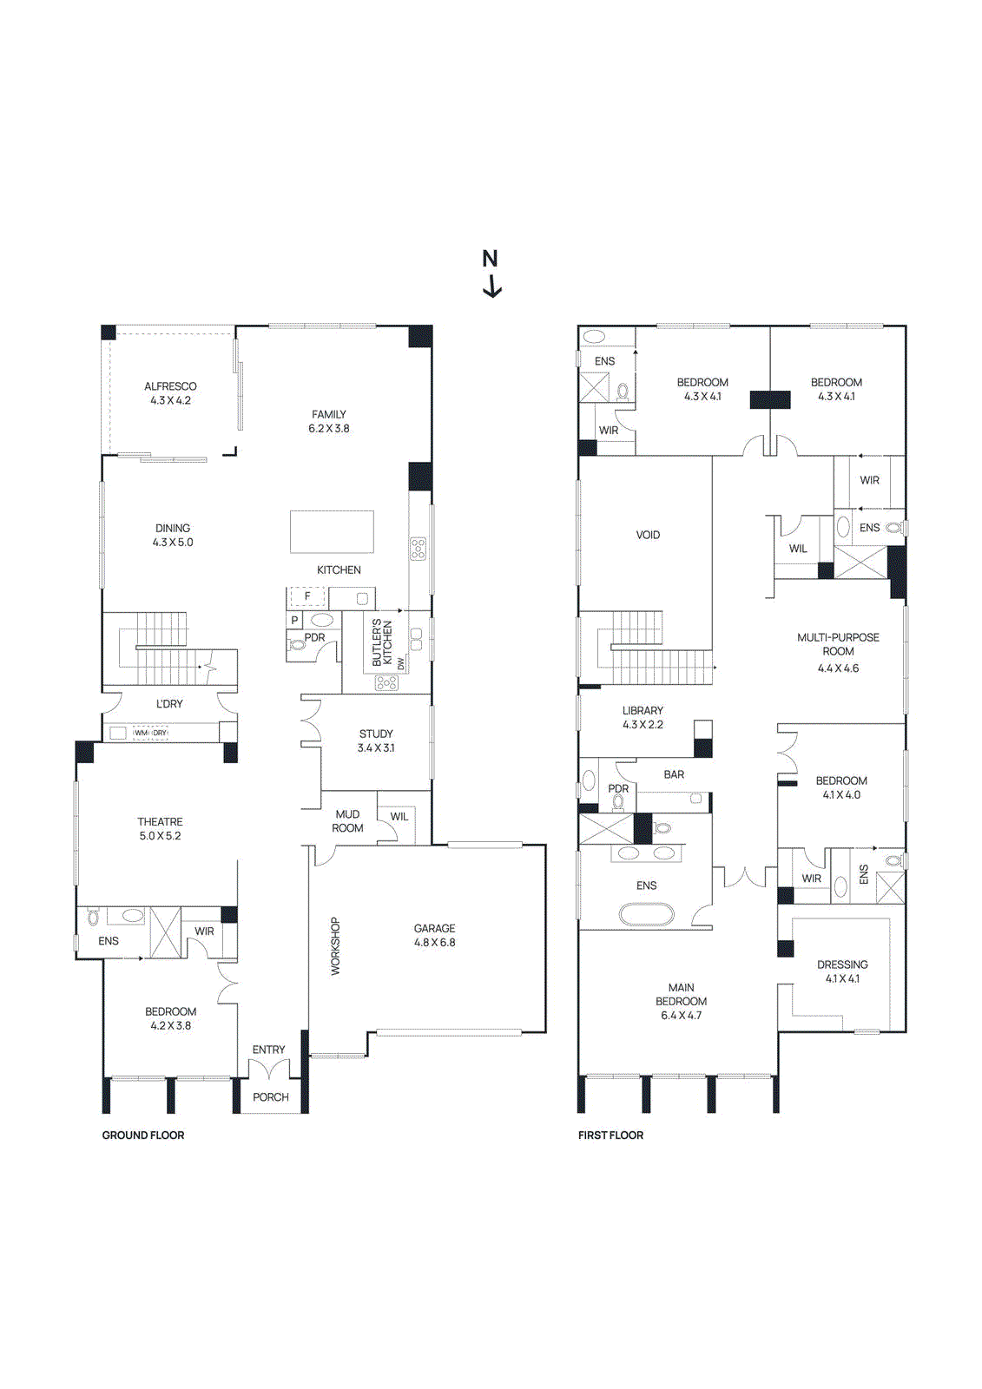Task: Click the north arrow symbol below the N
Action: (x=492, y=286)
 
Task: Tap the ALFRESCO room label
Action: (x=170, y=387)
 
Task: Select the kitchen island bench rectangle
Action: (x=332, y=531)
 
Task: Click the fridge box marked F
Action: (x=306, y=596)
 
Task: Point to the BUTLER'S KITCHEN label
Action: (x=382, y=643)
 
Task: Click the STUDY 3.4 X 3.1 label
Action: (x=376, y=741)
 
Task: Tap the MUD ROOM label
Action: (x=347, y=821)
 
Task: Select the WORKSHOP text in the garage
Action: (x=335, y=946)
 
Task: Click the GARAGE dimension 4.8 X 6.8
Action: (x=434, y=943)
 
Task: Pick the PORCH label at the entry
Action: (x=271, y=1097)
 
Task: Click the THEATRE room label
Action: (x=161, y=822)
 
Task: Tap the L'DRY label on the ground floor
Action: (x=169, y=704)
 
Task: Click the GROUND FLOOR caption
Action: (x=143, y=1136)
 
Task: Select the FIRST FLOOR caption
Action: (x=610, y=1136)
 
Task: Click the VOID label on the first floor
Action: (x=648, y=536)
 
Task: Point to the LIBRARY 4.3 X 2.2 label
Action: (x=643, y=717)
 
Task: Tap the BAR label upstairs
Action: (x=674, y=774)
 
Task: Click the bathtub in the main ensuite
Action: (x=646, y=914)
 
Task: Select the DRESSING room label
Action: (x=842, y=965)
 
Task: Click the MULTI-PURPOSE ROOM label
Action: (x=838, y=644)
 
